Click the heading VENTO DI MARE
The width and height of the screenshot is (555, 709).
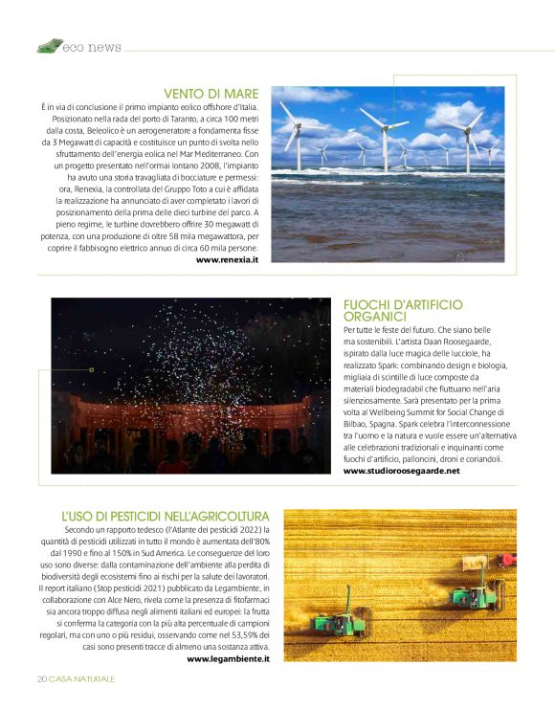[x=211, y=93]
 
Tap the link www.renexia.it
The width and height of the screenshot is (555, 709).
[x=227, y=259]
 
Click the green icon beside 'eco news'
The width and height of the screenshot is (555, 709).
[x=49, y=46]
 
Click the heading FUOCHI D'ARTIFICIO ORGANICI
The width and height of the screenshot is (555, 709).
[x=402, y=310]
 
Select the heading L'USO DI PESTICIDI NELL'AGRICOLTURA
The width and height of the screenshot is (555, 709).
[x=166, y=516]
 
